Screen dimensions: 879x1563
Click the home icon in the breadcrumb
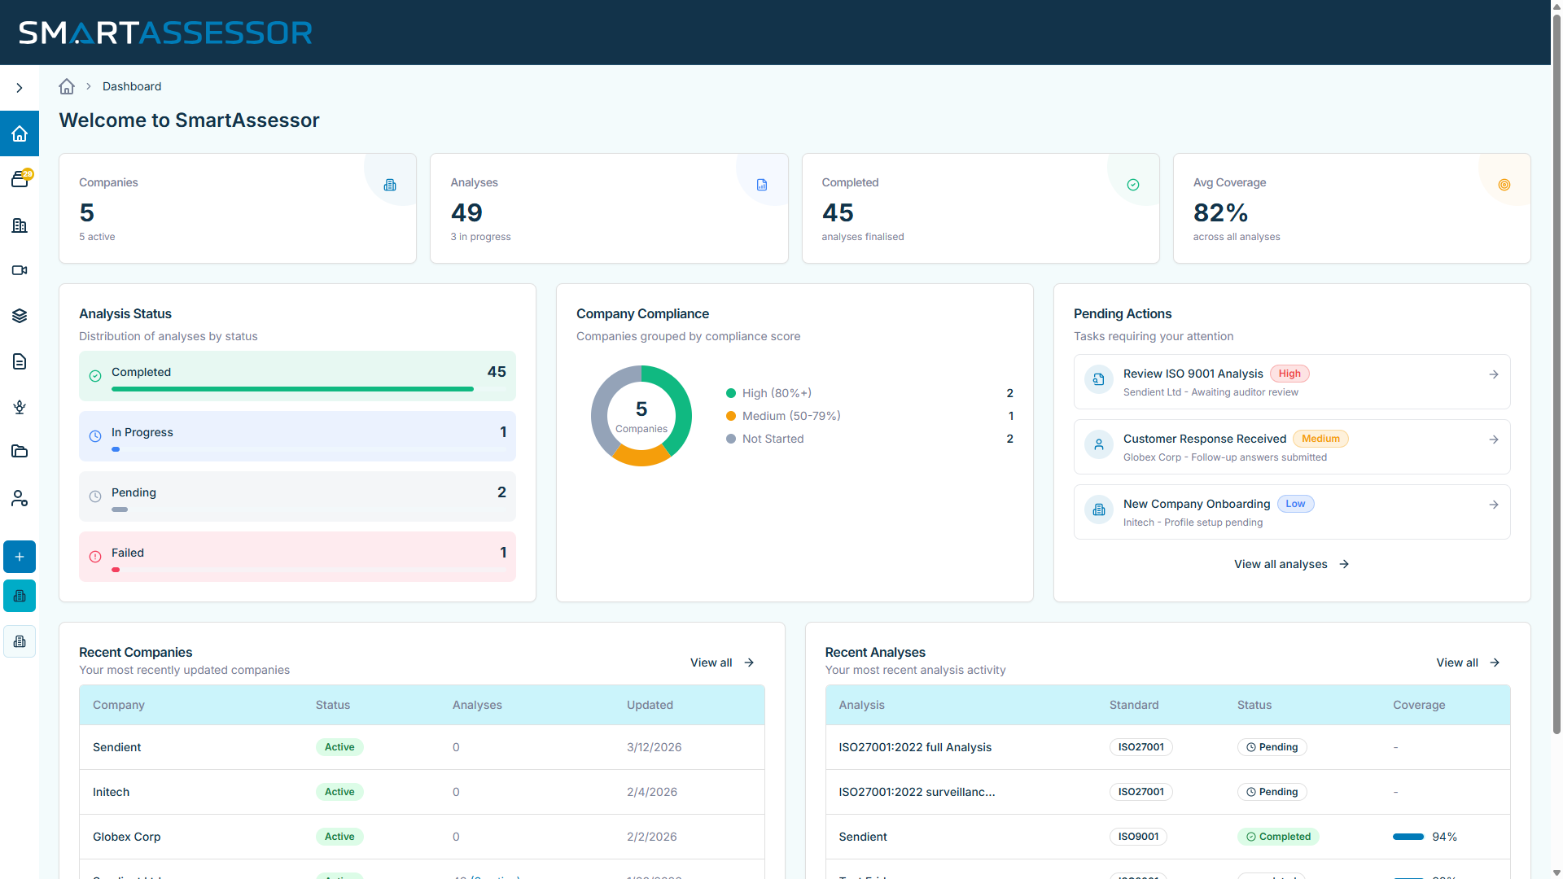67,86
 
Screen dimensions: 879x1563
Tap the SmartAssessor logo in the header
165,33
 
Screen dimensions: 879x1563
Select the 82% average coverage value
1220,212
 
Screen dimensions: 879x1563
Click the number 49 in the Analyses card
466,212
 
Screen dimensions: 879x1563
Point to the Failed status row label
128,553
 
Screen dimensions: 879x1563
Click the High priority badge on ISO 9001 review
1289,374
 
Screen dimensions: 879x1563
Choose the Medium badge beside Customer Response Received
1320,439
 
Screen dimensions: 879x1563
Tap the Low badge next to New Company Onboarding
1295,504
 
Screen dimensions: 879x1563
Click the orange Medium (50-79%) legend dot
731,416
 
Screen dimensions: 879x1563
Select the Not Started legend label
773,439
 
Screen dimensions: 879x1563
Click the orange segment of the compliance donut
640,457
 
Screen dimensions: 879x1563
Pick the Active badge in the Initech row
339,792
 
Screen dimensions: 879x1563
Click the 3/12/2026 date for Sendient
654,747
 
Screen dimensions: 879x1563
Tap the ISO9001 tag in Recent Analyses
1138,837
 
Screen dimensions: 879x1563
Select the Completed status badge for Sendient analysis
1278,837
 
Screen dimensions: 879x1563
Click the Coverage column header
1419,705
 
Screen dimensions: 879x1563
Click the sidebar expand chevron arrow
20,88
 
